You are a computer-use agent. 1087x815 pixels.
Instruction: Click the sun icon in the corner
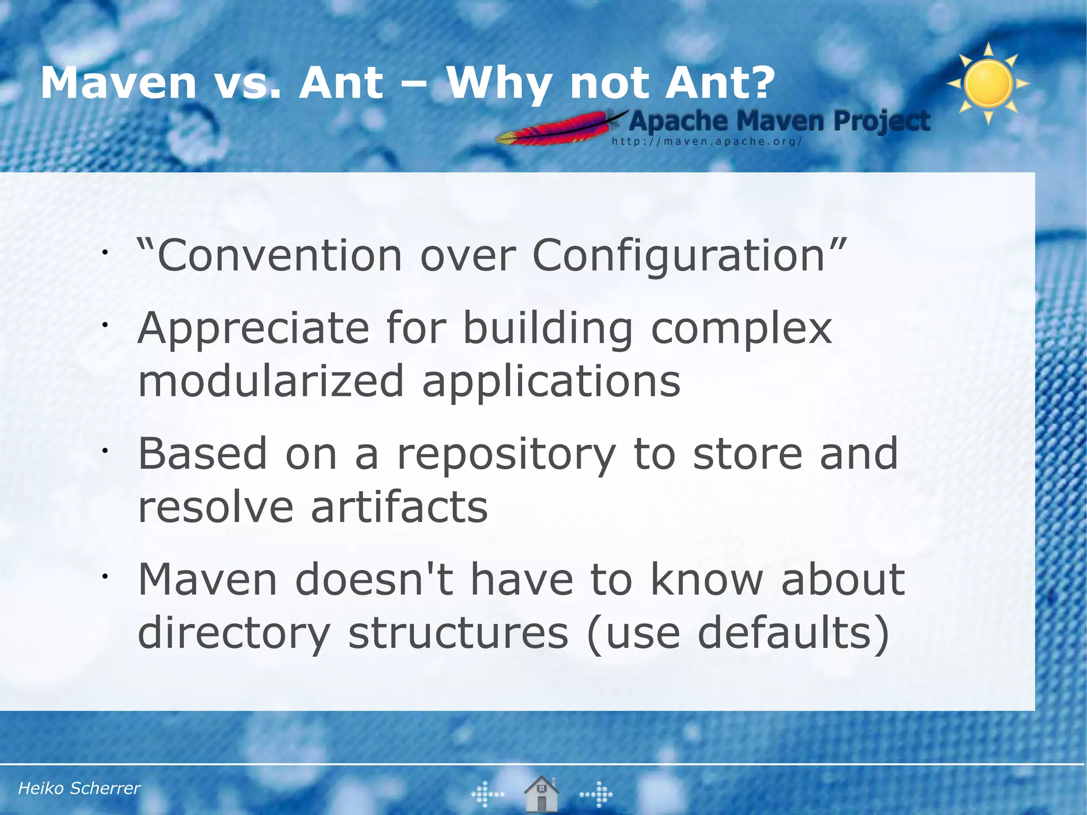click(x=988, y=84)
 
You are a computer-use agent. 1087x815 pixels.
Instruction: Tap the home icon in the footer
click(x=541, y=794)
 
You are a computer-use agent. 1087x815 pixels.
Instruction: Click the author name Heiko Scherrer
click(x=79, y=788)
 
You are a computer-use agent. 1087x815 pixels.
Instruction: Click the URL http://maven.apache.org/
click(x=706, y=142)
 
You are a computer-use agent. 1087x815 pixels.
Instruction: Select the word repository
click(x=506, y=454)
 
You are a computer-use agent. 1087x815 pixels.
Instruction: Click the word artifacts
click(x=399, y=507)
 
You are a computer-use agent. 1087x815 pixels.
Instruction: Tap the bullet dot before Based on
click(x=106, y=451)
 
